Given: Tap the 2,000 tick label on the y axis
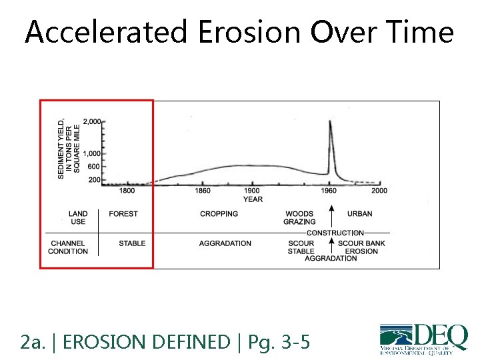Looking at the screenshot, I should [x=92, y=122].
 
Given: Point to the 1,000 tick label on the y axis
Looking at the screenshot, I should [x=92, y=154].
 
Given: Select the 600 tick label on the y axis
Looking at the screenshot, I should [x=94, y=167].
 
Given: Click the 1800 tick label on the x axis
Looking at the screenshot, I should [x=127, y=191].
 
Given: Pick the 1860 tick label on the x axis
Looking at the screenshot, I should [x=203, y=191].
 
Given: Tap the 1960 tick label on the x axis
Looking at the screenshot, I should [x=329, y=191].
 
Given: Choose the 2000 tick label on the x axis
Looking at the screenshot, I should [x=379, y=191].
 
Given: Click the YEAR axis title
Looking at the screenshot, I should [x=253, y=199].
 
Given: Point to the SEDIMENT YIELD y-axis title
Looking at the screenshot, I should [x=69, y=147].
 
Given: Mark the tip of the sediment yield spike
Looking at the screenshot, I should [x=330, y=121].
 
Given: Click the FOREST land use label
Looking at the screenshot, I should [x=123, y=214].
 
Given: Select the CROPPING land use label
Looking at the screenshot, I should [x=219, y=214].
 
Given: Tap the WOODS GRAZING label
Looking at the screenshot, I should [x=299, y=217].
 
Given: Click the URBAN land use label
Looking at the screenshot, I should [x=360, y=214].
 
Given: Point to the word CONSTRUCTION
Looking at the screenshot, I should [x=335, y=233].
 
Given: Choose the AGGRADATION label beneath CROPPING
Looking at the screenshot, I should [x=225, y=243].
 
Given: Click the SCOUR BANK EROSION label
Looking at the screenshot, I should [x=362, y=247].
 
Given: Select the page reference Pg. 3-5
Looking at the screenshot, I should [x=279, y=343].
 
